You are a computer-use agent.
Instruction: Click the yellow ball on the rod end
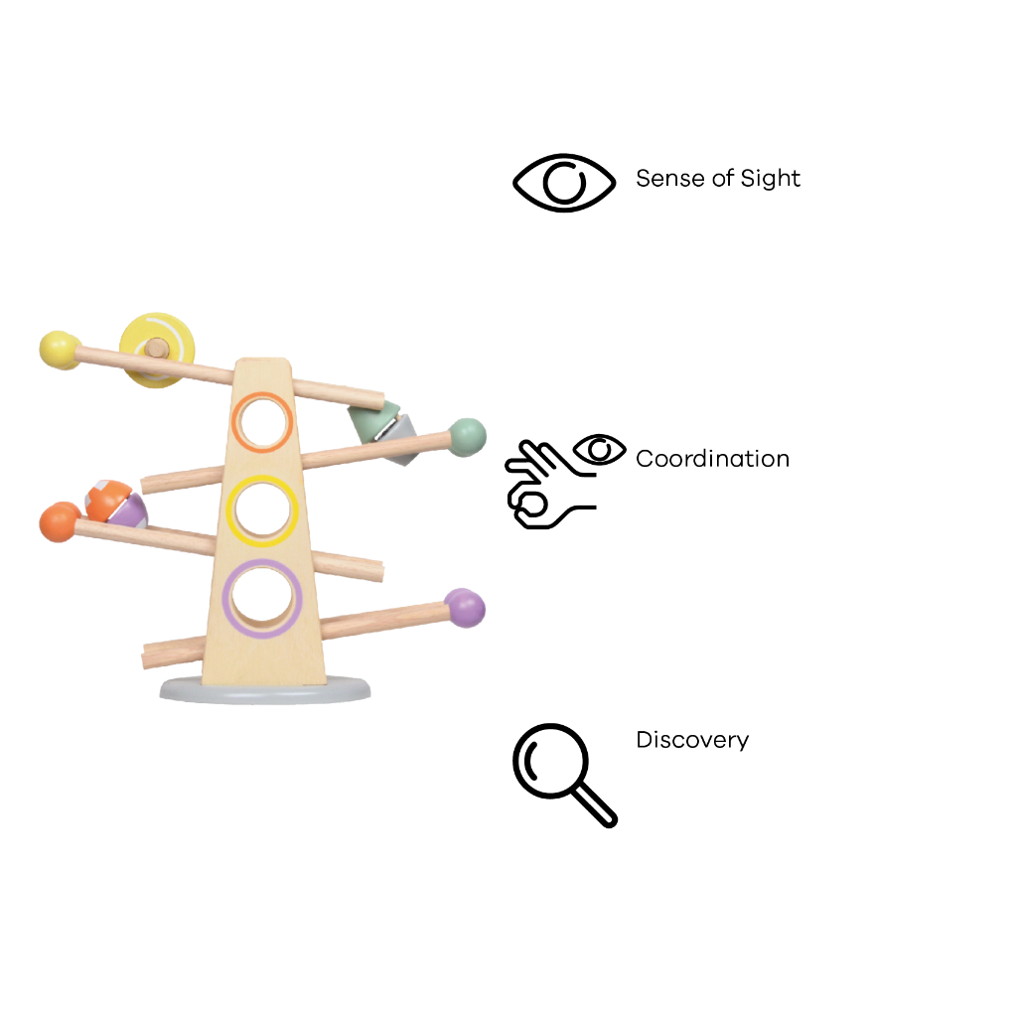(x=59, y=351)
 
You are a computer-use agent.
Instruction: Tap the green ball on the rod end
(x=467, y=437)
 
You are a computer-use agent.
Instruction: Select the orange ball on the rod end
(x=59, y=522)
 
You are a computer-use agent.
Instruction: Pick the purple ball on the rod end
(x=465, y=608)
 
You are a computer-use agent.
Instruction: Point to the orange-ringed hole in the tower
(x=262, y=422)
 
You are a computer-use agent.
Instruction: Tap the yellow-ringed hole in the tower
(x=262, y=510)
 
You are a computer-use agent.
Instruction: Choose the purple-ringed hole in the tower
(x=262, y=598)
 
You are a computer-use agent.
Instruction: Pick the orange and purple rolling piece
(x=117, y=504)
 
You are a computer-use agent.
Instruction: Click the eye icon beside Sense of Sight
(x=564, y=183)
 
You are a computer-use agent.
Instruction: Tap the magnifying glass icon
(x=564, y=775)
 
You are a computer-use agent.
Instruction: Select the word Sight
(x=771, y=179)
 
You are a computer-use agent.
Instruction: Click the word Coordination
(x=713, y=459)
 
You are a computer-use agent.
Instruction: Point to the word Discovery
(x=692, y=739)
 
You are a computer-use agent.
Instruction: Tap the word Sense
(x=670, y=179)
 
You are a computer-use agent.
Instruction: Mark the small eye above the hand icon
(x=599, y=450)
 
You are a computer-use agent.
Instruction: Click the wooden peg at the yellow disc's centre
(x=156, y=349)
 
